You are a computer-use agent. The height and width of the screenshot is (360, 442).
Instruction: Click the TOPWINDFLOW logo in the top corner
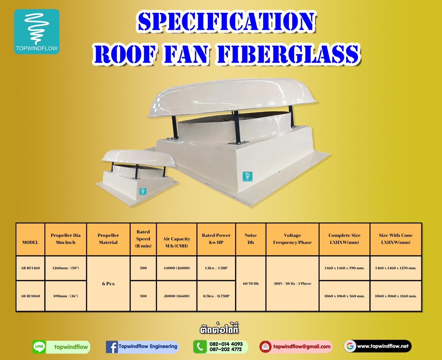coord(37,32)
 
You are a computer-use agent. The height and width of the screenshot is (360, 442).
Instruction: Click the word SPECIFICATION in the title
coord(226,22)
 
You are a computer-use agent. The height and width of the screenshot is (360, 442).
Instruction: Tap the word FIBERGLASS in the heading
coord(288,54)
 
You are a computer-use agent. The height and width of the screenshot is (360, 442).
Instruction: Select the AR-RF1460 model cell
coord(30,268)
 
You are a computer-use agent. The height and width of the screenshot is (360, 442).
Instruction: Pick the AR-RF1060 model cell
coord(30,296)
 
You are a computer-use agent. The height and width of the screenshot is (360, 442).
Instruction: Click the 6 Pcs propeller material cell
coord(108,284)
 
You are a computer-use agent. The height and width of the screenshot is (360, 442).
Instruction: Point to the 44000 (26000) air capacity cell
coord(176,268)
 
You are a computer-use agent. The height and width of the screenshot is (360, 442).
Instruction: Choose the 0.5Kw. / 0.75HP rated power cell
coord(216,296)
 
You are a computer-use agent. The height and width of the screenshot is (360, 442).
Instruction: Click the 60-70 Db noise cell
coord(251,284)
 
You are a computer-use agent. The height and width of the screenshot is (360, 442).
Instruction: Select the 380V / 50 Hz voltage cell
coord(292,284)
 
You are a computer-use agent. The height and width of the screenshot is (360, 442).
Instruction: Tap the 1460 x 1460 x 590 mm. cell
coord(344,268)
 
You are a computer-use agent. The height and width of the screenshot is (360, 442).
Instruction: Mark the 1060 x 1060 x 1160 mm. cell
coord(396,296)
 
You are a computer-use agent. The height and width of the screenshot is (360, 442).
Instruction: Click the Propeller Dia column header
coord(65,239)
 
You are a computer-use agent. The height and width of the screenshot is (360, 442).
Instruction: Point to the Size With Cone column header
coord(396,239)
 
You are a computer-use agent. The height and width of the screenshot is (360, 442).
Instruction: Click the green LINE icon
coord(39,347)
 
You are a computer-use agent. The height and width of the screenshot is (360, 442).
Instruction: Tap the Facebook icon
coord(112,347)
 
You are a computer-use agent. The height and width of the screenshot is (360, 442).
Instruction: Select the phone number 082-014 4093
coord(226,344)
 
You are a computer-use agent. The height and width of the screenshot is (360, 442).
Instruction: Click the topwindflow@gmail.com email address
coord(301,347)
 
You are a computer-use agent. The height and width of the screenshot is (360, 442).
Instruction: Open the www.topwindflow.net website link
coord(382,346)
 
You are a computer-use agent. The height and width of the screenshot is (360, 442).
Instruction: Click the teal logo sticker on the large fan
coord(247,176)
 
